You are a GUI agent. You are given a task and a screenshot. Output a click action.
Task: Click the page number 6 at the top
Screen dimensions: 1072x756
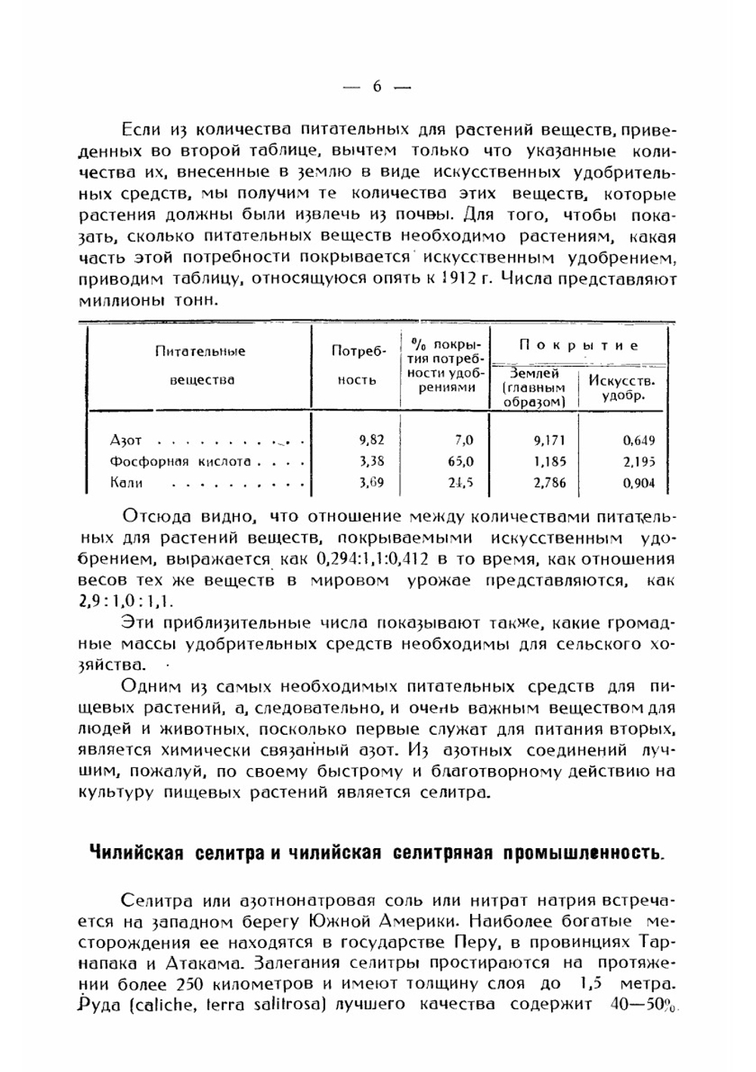point(376,87)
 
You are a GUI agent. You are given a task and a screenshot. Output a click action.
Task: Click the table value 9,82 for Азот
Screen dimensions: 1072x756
point(372,440)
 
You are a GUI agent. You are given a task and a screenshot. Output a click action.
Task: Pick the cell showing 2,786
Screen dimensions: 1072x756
point(550,483)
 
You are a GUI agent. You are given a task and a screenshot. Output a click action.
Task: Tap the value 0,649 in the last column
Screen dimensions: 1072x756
point(639,440)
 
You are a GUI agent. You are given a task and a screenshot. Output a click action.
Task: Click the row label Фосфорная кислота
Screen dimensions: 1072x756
point(180,461)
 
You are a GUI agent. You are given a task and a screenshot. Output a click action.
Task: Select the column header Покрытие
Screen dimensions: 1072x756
point(578,345)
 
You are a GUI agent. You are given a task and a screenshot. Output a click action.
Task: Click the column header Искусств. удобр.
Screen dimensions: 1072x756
point(621,387)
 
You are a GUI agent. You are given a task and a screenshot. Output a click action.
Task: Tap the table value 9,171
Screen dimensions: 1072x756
point(550,440)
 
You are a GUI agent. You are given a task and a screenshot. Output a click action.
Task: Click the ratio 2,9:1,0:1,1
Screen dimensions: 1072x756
point(125,603)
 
